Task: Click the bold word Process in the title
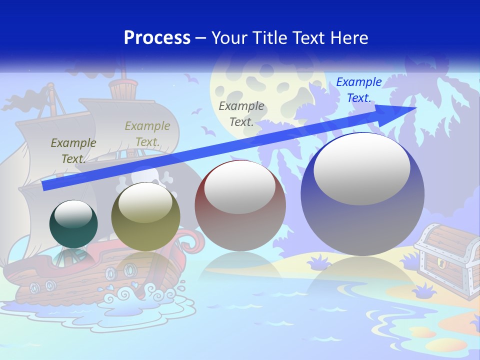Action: pos(157,37)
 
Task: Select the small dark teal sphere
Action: pos(73,224)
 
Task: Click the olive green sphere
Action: pos(145,216)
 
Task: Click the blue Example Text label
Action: pos(358,90)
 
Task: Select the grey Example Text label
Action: pos(241,113)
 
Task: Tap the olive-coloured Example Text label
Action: pos(147,133)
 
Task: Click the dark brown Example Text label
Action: pos(73,150)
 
